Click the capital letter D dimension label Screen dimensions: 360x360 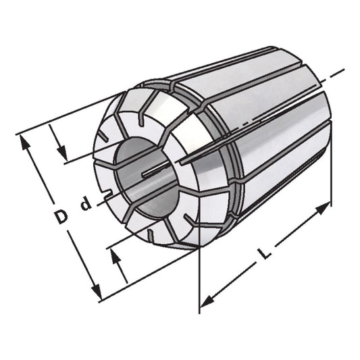coord(61,217)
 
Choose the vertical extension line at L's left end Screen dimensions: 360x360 coord(200,284)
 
